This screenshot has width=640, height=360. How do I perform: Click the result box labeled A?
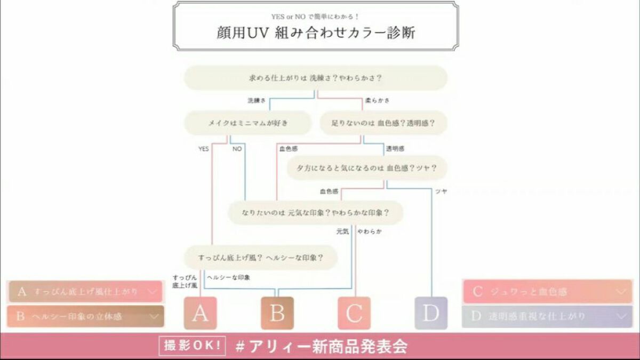coord(200,313)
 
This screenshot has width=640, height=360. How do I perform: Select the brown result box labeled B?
coord(277,313)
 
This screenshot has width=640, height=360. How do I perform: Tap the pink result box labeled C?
coord(354,313)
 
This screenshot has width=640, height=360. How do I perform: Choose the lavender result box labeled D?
coord(431,313)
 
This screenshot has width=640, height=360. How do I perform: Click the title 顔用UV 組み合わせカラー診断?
coord(316,32)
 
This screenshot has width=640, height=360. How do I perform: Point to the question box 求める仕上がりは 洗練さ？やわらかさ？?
coord(316,78)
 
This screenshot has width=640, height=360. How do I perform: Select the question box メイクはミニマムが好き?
coord(247,123)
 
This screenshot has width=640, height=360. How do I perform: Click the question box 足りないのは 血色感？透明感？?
coord(383,123)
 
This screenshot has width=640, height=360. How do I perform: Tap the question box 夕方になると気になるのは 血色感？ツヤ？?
coord(367,168)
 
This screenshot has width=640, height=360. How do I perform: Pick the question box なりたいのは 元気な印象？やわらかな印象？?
coord(315,213)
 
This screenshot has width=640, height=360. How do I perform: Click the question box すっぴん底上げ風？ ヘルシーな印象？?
coord(260,258)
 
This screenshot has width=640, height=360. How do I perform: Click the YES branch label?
coord(204,149)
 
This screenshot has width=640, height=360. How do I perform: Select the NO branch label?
coord(237,149)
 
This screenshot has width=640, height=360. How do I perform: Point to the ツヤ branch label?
coord(441,191)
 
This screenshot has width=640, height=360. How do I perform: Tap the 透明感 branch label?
coord(395,149)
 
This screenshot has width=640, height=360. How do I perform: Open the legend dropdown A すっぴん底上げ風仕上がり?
coord(85,292)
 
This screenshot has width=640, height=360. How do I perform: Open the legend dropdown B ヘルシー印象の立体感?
coord(85,316)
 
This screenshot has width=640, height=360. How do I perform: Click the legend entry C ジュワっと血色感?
coord(547,292)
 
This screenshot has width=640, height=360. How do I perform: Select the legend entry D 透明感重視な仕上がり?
coord(547,316)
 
